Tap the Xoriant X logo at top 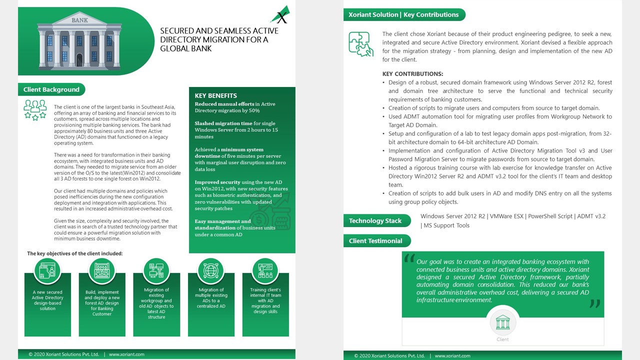(x=280, y=15)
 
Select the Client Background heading (x=51, y=89)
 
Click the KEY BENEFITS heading (x=215, y=95)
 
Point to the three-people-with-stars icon (x=35, y=109)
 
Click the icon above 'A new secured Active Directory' (x=47, y=271)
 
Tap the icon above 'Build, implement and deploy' (x=102, y=271)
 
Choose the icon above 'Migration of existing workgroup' (x=156, y=271)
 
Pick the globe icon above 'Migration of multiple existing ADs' (x=211, y=271)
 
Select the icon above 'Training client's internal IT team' (x=265, y=271)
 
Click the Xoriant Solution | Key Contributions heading (x=403, y=14)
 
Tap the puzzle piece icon (x=360, y=44)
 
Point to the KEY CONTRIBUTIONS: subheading (x=412, y=74)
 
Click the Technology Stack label (x=375, y=220)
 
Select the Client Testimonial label (x=375, y=240)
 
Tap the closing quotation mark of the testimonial (x=594, y=303)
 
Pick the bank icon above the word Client (x=502, y=322)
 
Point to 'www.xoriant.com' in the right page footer (x=452, y=356)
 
